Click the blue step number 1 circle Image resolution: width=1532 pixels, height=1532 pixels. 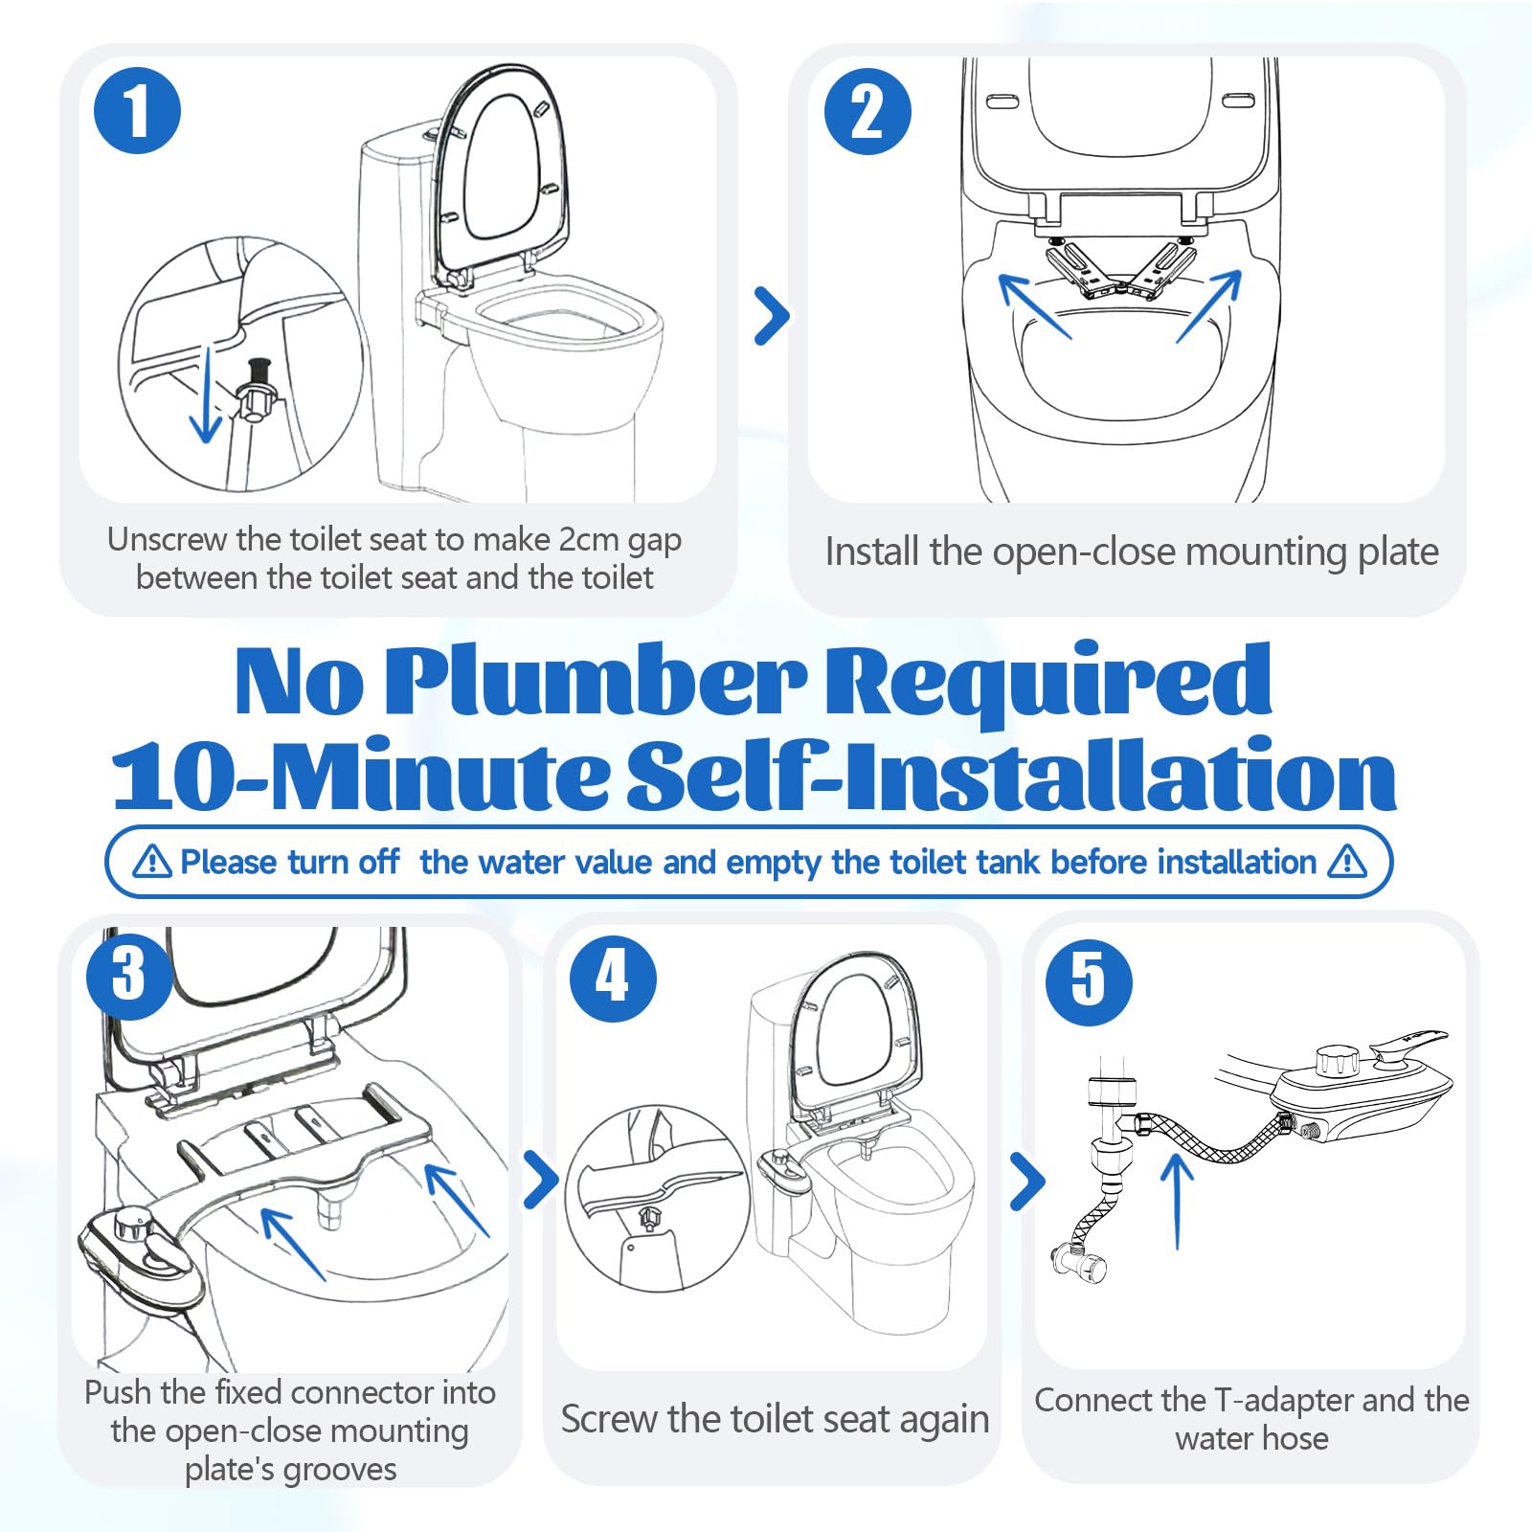(x=137, y=110)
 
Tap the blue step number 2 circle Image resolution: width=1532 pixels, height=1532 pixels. (x=867, y=111)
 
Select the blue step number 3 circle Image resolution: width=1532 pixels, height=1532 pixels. (x=129, y=976)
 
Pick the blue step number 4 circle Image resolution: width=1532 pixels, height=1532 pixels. (x=613, y=978)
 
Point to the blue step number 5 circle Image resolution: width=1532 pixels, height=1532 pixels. (x=1089, y=981)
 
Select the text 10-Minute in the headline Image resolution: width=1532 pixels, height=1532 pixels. (x=360, y=775)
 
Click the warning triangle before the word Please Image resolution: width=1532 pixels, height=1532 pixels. (x=152, y=862)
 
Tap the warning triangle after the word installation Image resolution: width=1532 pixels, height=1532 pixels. (x=1347, y=861)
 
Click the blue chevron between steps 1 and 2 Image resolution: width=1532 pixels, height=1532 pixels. (x=772, y=315)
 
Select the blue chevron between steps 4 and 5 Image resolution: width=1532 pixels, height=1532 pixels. (x=1027, y=1181)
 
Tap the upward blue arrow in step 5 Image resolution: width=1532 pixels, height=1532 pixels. (x=1177, y=1202)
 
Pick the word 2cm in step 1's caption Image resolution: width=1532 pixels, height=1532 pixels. (x=591, y=540)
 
